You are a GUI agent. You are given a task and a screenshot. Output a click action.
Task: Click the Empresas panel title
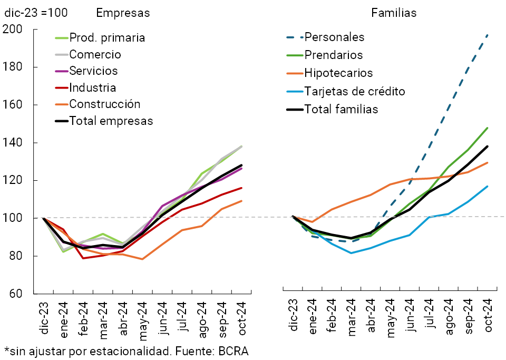pyautogui.click(x=123, y=13)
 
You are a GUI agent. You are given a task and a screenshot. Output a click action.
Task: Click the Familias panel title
pyautogui.click(x=394, y=13)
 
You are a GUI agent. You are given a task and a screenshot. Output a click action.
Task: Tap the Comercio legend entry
pyautogui.click(x=95, y=54)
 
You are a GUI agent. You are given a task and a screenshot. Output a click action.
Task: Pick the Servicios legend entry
pyautogui.click(x=93, y=71)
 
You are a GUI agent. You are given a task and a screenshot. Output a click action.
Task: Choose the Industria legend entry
pyautogui.click(x=93, y=87)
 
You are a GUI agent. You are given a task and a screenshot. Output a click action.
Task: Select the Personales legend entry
pyautogui.click(x=335, y=37)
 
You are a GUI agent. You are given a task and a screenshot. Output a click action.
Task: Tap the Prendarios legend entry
pyautogui.click(x=334, y=55)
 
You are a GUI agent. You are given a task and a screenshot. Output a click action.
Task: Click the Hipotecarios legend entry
pyautogui.click(x=338, y=73)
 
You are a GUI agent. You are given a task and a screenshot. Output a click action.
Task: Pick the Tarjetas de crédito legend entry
pyautogui.click(x=355, y=91)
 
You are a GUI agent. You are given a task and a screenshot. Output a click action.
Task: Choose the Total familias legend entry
pyautogui.click(x=342, y=109)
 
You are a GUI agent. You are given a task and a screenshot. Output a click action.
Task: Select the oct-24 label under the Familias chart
pyautogui.click(x=488, y=315)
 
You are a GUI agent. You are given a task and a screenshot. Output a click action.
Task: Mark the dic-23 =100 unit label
pyautogui.click(x=36, y=13)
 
